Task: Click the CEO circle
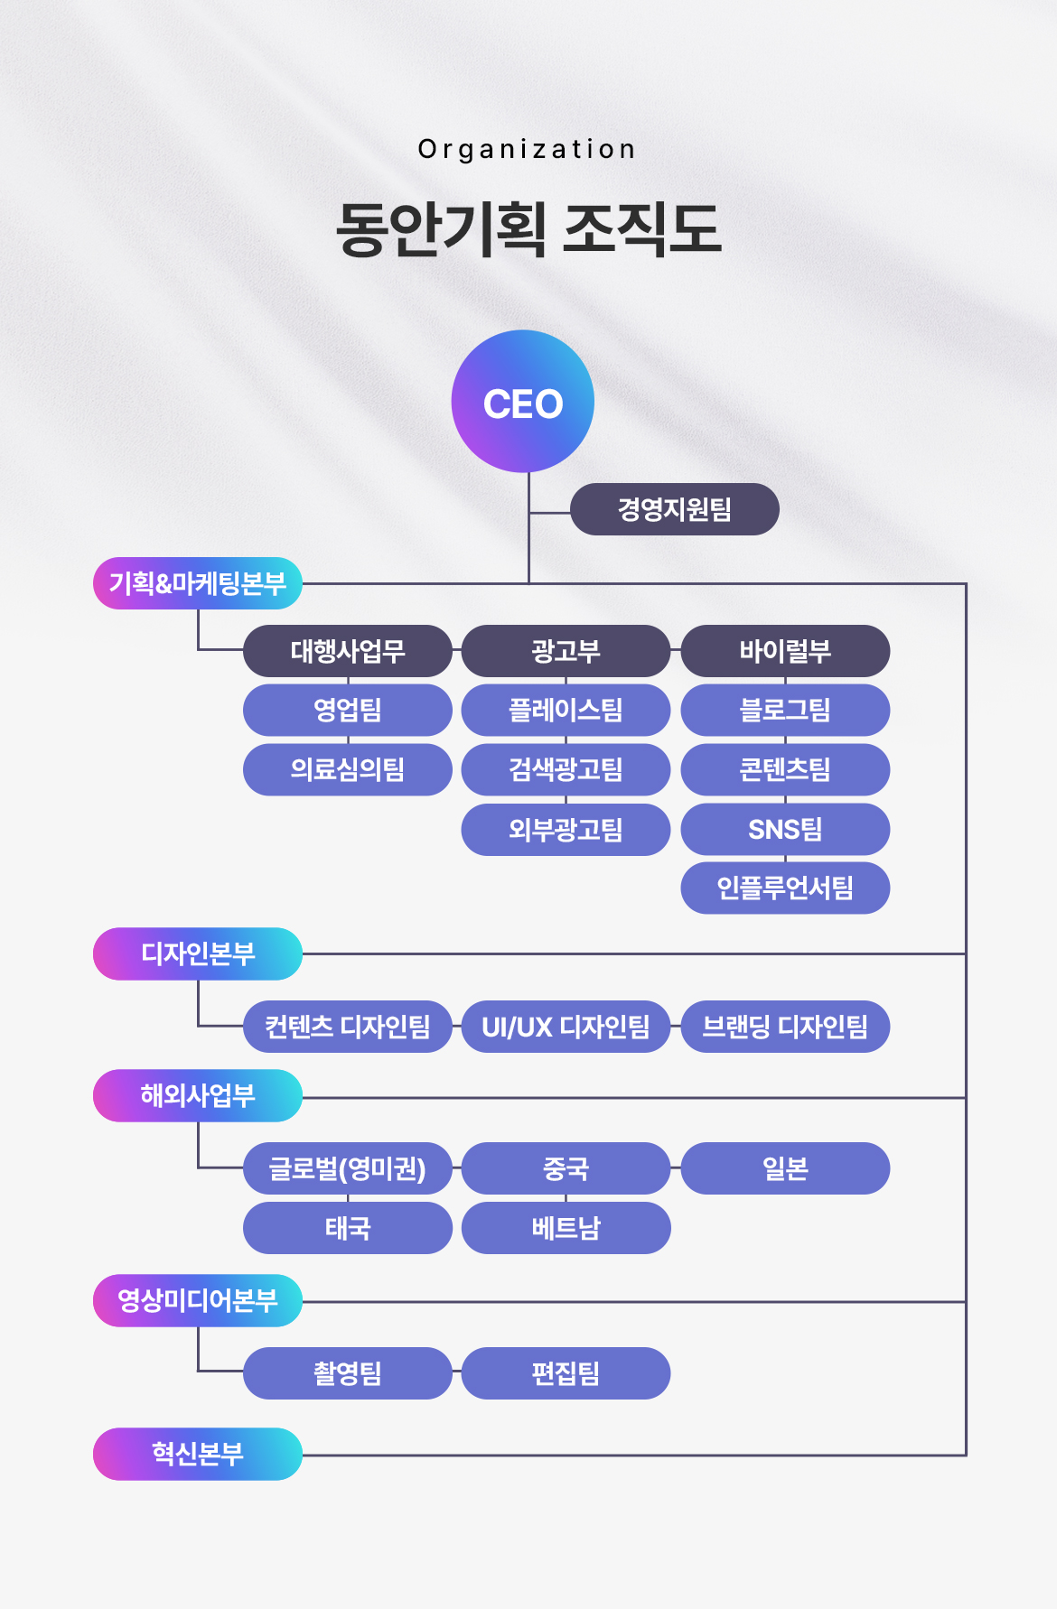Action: click(x=523, y=402)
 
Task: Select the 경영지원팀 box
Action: click(x=674, y=509)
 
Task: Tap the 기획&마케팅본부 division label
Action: click(x=197, y=583)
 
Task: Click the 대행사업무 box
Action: click(x=347, y=651)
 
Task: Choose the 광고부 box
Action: click(x=566, y=651)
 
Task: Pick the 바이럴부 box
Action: click(x=785, y=651)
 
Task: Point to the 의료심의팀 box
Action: click(x=347, y=769)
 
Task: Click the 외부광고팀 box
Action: click(x=566, y=829)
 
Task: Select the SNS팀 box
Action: click(x=785, y=829)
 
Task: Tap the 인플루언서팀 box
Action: click(x=785, y=888)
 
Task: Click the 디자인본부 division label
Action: click(x=197, y=953)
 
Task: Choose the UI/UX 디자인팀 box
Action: click(x=566, y=1027)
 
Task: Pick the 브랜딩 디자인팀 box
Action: click(x=785, y=1027)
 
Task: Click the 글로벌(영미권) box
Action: click(x=347, y=1168)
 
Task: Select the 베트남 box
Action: click(x=566, y=1228)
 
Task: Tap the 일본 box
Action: click(x=785, y=1168)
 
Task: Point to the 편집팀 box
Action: click(x=566, y=1373)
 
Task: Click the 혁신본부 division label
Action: click(x=197, y=1454)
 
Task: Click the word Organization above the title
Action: click(x=527, y=149)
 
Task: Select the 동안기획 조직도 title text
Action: click(x=528, y=228)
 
